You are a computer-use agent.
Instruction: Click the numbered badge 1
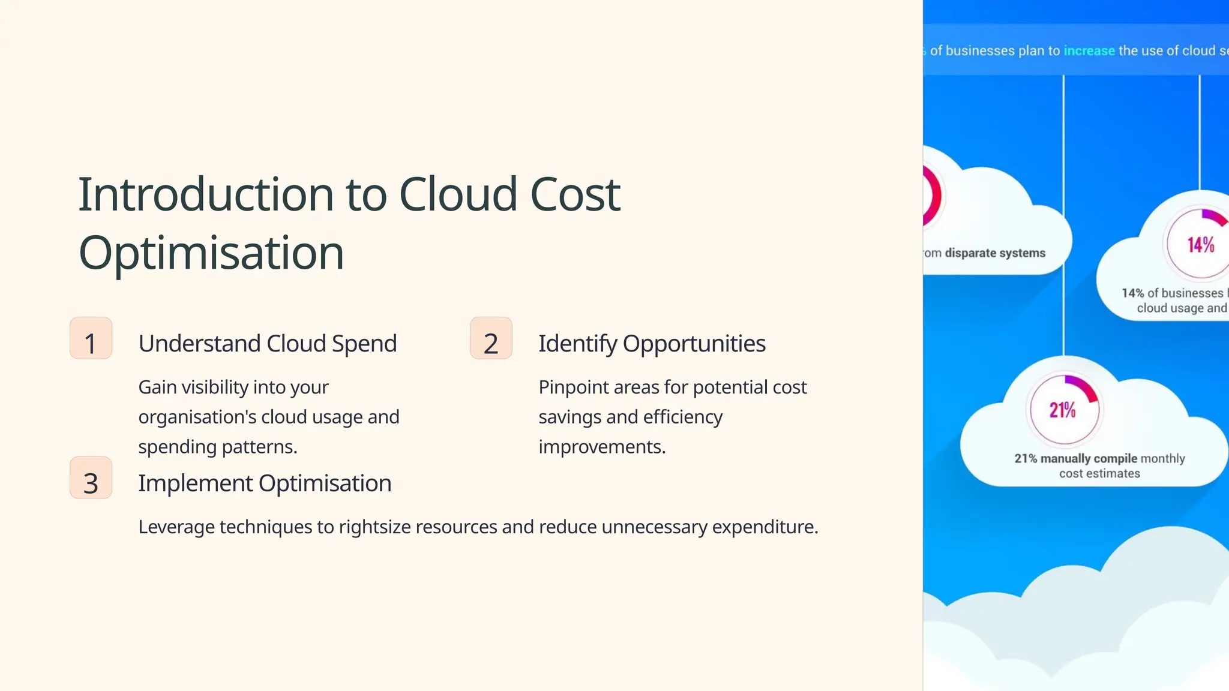click(91, 338)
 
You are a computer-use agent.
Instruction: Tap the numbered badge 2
click(491, 338)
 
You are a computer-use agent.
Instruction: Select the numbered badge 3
click(91, 478)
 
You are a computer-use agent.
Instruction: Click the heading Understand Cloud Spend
click(268, 344)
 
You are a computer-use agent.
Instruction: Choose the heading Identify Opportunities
click(652, 344)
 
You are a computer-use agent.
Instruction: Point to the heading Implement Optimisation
click(265, 483)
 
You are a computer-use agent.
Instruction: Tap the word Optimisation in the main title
click(211, 253)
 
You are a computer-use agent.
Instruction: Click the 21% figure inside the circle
click(1063, 410)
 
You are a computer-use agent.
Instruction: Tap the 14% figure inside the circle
click(1201, 245)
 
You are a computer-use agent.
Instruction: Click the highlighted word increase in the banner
click(1089, 51)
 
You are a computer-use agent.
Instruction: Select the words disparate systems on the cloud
click(995, 253)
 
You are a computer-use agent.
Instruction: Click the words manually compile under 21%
click(1089, 459)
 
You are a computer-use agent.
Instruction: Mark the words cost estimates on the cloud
click(1099, 474)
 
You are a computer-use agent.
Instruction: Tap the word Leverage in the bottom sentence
click(176, 527)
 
